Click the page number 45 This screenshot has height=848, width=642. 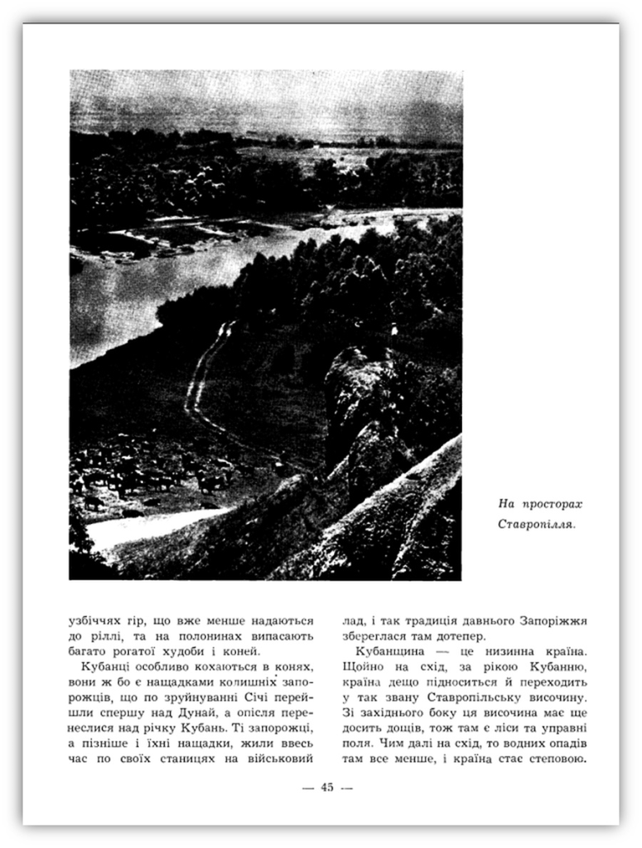click(326, 788)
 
